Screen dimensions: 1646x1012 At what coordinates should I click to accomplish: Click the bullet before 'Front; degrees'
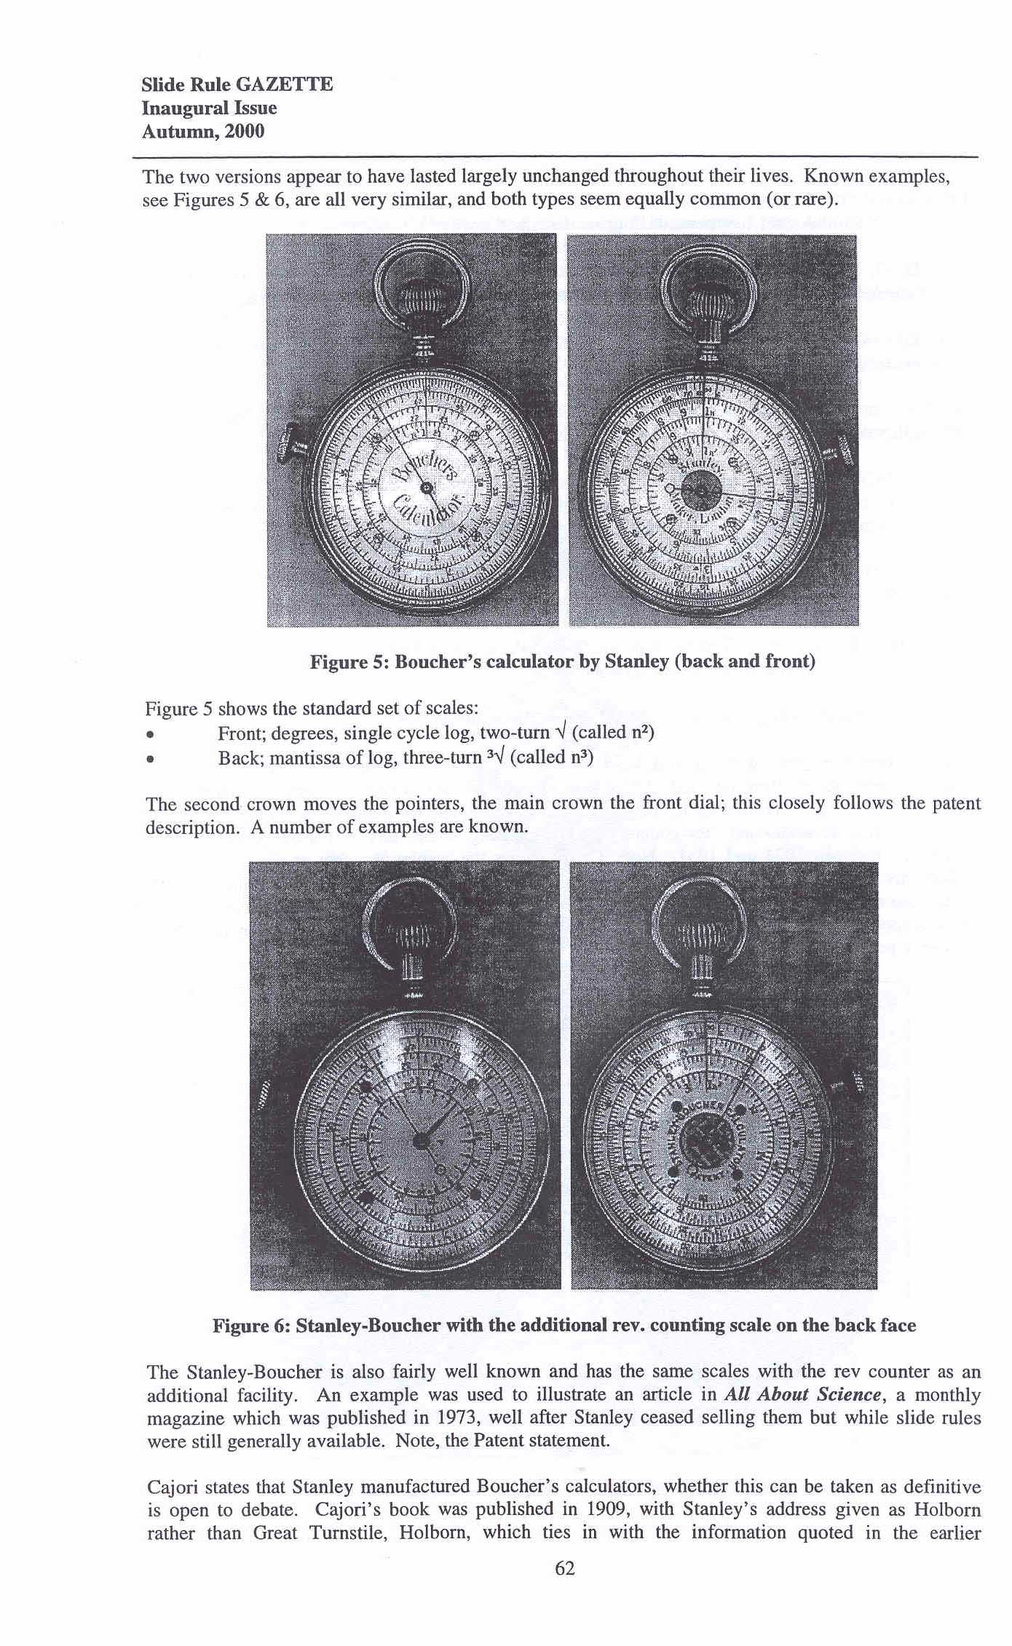tap(150, 734)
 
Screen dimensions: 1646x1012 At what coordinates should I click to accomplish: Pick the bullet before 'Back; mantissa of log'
tap(150, 759)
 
